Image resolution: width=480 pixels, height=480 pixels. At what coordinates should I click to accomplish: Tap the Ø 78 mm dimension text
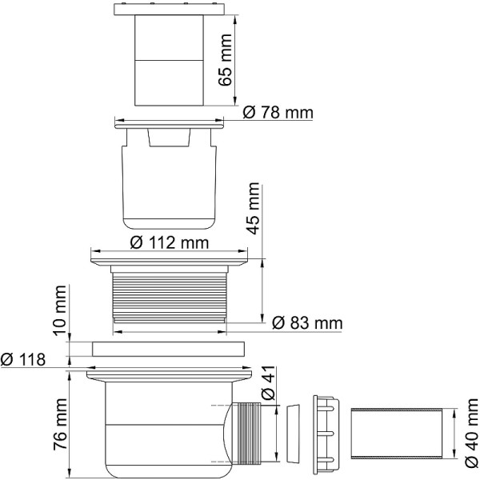point(277,114)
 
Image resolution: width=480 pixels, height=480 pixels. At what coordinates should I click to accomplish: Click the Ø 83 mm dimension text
point(306,323)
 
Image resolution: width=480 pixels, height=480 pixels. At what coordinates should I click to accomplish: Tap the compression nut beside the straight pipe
point(328,433)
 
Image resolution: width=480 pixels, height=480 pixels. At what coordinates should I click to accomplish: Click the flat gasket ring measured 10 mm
point(167,349)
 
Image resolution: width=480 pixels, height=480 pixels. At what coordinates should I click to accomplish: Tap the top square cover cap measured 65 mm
point(169,56)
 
